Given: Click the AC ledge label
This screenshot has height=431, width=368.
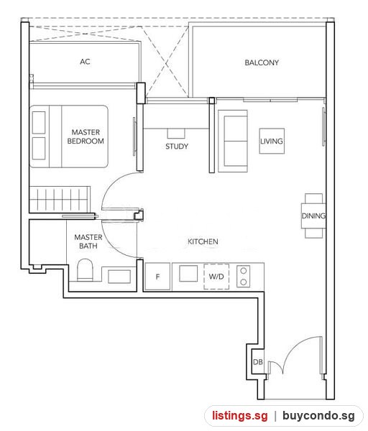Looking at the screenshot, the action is pyautogui.click(x=85, y=62).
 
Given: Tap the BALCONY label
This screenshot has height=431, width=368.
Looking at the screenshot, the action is pyautogui.click(x=262, y=62).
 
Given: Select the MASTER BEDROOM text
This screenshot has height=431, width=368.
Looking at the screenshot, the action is pyautogui.click(x=86, y=136).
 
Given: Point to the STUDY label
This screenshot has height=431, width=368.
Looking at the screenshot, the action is pyautogui.click(x=177, y=147).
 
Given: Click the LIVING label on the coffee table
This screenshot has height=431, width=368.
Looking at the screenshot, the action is pyautogui.click(x=272, y=142).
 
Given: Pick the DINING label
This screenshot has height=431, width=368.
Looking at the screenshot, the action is pyautogui.click(x=313, y=215).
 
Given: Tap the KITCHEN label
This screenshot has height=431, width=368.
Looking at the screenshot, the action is pyautogui.click(x=203, y=241).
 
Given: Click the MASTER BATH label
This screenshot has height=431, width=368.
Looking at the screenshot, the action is pyautogui.click(x=88, y=241).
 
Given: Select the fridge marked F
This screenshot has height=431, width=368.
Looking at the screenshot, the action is pyautogui.click(x=157, y=277).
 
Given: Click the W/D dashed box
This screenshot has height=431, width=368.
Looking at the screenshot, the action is pyautogui.click(x=216, y=277).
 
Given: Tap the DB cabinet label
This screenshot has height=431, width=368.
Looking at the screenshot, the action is pyautogui.click(x=258, y=362).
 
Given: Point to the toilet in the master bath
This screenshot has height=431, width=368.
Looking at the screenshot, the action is pyautogui.click(x=85, y=270).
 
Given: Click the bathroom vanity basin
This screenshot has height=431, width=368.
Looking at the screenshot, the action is pyautogui.click(x=119, y=277).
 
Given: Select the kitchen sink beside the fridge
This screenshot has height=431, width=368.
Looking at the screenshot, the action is pyautogui.click(x=188, y=274).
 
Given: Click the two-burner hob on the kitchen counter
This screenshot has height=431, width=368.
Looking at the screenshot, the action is pyautogui.click(x=244, y=277).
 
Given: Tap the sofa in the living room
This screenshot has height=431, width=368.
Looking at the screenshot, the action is pyautogui.click(x=233, y=142).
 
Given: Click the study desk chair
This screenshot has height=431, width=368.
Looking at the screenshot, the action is pyautogui.click(x=176, y=134).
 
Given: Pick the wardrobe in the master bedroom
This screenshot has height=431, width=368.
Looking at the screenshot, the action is pyautogui.click(x=60, y=199).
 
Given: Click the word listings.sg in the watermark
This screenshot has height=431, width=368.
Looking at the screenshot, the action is pyautogui.click(x=239, y=416).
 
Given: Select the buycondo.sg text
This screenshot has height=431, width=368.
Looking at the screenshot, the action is pyautogui.click(x=318, y=416).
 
